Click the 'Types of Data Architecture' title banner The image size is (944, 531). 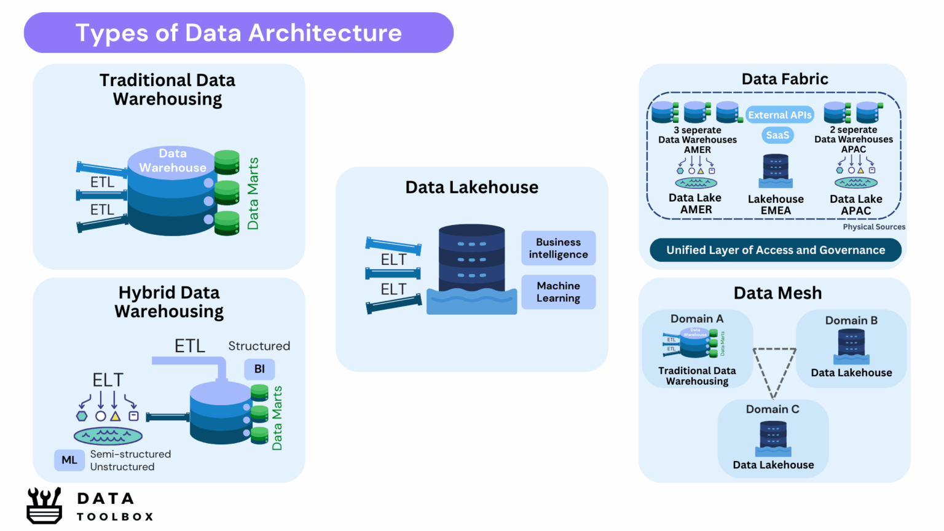[x=238, y=33]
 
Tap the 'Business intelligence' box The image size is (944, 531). [x=558, y=248]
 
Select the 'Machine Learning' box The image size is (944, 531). [x=558, y=292]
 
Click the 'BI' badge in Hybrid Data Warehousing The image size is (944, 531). [x=259, y=369]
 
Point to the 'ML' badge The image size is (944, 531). [x=69, y=460]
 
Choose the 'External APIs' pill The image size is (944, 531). [x=779, y=115]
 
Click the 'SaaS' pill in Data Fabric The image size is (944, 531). [x=777, y=135]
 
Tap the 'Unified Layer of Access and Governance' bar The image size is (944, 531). [x=776, y=250]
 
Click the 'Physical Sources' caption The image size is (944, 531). [x=873, y=227]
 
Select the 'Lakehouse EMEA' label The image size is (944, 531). [x=776, y=205]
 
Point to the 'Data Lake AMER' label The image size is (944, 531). [x=695, y=203]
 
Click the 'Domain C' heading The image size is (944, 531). [x=773, y=409]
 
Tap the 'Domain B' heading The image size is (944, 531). [x=851, y=320]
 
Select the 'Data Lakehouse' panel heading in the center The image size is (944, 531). [x=471, y=187]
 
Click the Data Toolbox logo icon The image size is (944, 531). [x=44, y=505]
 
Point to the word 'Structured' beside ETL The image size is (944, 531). [x=259, y=346]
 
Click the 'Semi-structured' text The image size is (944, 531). [x=130, y=454]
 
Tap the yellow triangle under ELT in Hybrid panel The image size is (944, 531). [x=115, y=416]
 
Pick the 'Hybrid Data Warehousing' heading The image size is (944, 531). [x=169, y=302]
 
